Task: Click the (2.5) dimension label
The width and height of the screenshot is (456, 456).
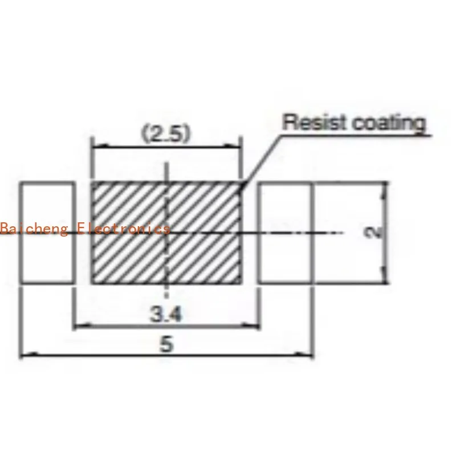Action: point(166,133)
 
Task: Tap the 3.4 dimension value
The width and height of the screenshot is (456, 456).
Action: point(166,314)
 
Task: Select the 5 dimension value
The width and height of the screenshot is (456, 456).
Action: point(166,344)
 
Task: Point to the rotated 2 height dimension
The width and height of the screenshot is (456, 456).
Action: point(373,233)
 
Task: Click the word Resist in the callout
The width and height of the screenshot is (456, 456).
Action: point(315,122)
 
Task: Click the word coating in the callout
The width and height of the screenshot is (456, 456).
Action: point(389,124)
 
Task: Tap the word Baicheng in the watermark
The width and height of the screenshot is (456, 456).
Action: point(34,229)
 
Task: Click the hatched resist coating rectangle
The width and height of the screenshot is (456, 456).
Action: point(166,233)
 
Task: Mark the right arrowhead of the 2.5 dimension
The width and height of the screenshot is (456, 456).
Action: point(233,146)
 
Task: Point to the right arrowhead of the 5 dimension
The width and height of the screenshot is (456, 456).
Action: point(304,355)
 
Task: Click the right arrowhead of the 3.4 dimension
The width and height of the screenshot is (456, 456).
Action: point(250,325)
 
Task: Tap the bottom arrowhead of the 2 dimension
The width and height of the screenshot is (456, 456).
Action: point(384,275)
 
